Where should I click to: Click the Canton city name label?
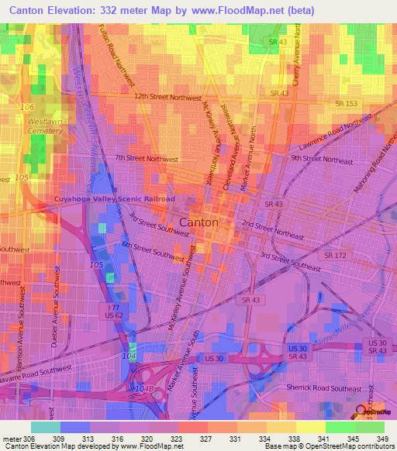[x=198, y=222]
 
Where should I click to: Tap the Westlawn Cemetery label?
[x=45, y=126]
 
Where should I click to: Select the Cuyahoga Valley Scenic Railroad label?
[x=115, y=199]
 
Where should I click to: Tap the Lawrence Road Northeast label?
[x=333, y=133]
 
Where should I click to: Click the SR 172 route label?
[x=335, y=255]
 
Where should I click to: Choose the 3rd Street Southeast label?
[x=291, y=261]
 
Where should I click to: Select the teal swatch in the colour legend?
[x=46, y=426]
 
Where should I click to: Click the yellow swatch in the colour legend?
[x=310, y=426]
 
